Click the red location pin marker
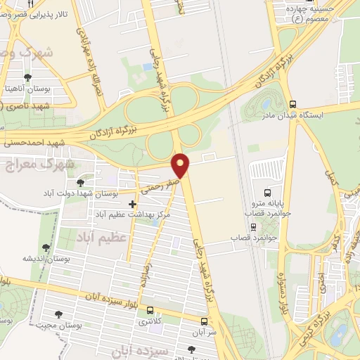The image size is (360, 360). coord(181,166)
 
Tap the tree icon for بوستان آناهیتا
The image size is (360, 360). coord(27,78)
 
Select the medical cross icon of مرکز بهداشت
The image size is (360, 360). coord(132,204)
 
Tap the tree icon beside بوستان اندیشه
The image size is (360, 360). coord(46,247)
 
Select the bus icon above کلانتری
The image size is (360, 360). coord(148,310)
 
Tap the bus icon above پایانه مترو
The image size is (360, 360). coord(266,192)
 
